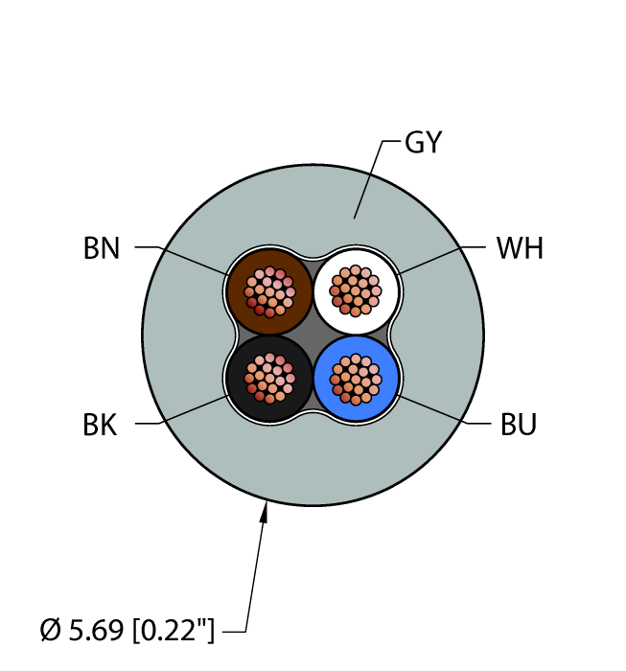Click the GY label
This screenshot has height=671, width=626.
[423, 143]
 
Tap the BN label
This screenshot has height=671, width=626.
[102, 249]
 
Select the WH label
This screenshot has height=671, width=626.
[520, 249]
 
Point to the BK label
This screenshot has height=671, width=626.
[101, 425]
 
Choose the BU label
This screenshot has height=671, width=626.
[519, 424]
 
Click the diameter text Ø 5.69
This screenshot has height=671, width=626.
[81, 631]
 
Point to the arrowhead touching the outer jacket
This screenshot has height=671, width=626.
[266, 509]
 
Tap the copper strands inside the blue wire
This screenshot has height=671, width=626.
[356, 378]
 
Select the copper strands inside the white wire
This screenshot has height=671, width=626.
[356, 288]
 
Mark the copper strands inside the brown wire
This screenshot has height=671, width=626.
[270, 292]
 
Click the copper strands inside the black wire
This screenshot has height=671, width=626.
[270, 378]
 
